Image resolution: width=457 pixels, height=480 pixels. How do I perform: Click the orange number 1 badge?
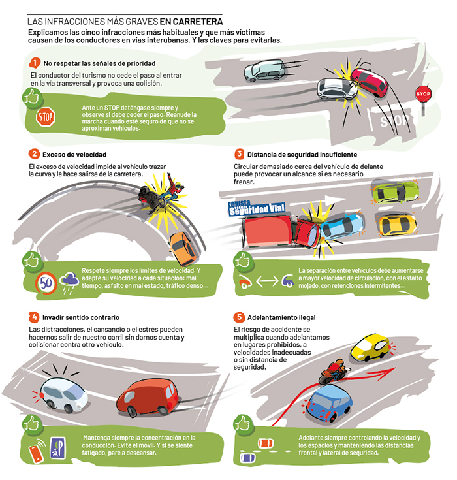(35, 63)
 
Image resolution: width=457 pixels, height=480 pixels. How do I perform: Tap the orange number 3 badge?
(240, 154)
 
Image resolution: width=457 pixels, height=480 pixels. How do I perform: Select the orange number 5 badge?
(240, 317)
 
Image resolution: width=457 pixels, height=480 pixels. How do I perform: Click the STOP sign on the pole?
(423, 94)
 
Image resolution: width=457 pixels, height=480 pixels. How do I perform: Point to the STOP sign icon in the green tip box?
(45, 117)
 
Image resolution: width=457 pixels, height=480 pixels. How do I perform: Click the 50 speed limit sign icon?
(46, 283)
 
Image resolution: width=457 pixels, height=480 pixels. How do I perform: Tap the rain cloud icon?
(69, 281)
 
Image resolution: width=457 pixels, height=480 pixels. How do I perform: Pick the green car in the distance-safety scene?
(394, 192)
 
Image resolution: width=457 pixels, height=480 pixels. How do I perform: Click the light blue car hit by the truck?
(342, 227)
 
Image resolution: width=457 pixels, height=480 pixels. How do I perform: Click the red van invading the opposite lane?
(148, 397)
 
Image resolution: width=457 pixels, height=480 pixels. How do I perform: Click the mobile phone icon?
(36, 451)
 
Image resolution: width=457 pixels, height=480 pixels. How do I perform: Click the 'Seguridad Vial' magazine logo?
(257, 207)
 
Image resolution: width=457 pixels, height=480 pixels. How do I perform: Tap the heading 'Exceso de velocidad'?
(74, 155)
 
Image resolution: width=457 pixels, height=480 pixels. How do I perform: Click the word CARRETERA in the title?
(198, 22)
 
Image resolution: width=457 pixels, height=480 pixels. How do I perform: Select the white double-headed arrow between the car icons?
(267, 281)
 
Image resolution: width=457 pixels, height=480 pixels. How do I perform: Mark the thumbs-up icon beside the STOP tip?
(32, 98)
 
